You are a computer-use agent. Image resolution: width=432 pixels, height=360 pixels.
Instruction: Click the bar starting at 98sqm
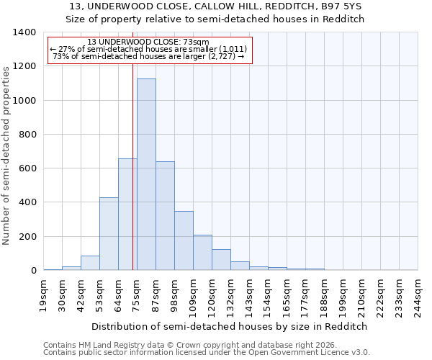184,241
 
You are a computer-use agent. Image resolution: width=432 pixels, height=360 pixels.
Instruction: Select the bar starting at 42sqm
90,263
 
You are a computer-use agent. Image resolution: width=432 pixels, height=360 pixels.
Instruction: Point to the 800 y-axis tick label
27,135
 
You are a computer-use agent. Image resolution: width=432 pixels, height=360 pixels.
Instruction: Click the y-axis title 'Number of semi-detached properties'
6,155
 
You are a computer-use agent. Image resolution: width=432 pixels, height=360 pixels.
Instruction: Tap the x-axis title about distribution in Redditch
229,326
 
